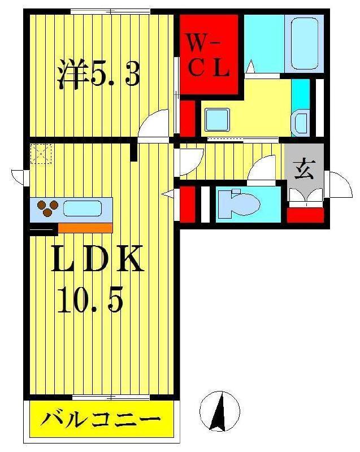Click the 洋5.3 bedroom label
97,74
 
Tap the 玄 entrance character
304,169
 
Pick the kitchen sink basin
83,208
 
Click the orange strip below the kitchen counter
85,228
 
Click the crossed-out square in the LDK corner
41,154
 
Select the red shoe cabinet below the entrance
305,215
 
